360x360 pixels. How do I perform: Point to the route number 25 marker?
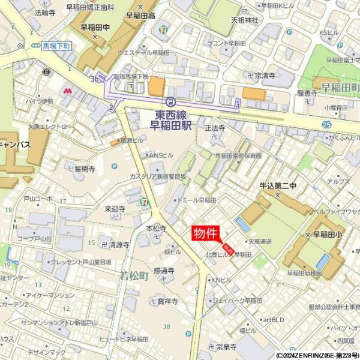pos(326,124)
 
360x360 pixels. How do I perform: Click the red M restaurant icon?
pos(67,91)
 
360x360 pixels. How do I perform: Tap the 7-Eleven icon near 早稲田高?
pos(164,28)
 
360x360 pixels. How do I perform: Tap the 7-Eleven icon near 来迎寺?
pos(143,202)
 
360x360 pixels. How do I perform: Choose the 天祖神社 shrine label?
pos(244,20)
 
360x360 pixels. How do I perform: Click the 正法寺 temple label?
pos(214,128)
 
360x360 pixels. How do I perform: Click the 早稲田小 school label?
pos(326,235)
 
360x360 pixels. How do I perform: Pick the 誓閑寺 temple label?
pos(85,169)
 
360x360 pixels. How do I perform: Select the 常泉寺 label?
pos(227,346)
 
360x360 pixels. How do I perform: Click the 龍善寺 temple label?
pos(307,93)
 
